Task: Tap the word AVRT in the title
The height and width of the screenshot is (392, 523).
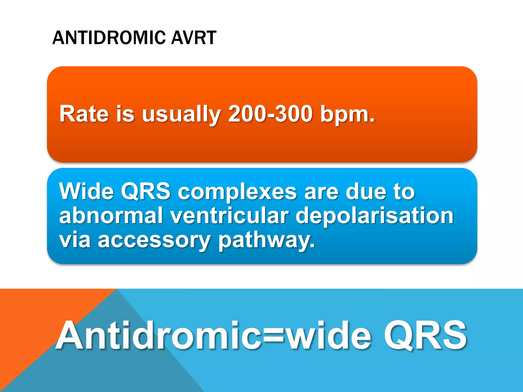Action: click(193, 38)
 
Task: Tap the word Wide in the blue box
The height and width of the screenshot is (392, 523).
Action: click(86, 191)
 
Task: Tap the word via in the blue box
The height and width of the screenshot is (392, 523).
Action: click(75, 240)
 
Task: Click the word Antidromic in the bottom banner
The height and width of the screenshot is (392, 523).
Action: click(158, 336)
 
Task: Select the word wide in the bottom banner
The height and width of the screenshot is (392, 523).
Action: click(328, 336)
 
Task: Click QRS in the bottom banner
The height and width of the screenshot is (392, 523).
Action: click(425, 336)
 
